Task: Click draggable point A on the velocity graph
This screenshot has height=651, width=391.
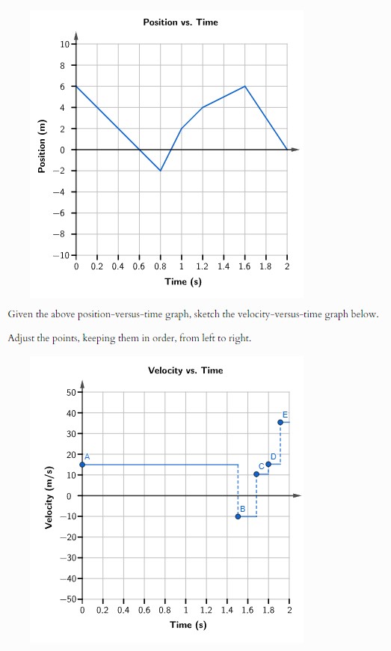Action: [82, 465]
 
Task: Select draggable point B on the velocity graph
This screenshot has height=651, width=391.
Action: [238, 516]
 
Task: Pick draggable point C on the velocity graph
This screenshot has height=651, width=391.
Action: [256, 474]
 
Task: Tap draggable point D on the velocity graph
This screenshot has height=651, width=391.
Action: [268, 464]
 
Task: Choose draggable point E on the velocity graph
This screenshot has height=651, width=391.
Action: [280, 422]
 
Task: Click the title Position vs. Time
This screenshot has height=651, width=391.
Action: [180, 22]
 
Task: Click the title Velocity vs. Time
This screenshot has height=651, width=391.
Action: [185, 370]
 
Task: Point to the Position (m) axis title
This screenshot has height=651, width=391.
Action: [43, 150]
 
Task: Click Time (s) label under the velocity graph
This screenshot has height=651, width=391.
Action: [188, 625]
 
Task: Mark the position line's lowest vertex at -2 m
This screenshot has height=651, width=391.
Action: [160, 171]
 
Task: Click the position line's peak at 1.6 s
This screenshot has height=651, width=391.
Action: [244, 86]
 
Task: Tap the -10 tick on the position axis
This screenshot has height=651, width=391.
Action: [62, 256]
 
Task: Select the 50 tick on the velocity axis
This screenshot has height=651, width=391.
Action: [70, 392]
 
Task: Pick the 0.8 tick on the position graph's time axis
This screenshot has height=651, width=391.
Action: [160, 266]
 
